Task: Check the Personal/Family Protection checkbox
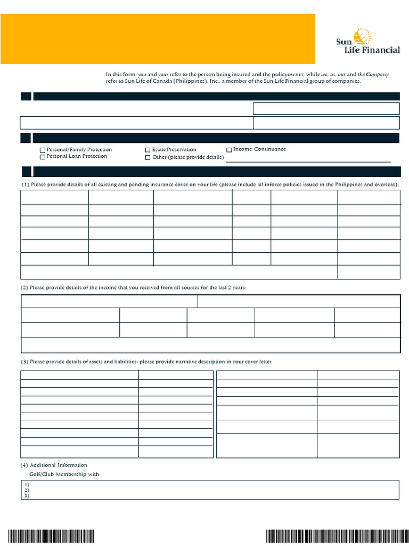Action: pyautogui.click(x=43, y=150)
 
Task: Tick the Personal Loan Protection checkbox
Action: pyautogui.click(x=43, y=157)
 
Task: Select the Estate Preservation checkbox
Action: pyautogui.click(x=148, y=150)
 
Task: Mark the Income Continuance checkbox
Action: pyautogui.click(x=229, y=150)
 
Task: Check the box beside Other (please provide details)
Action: pyautogui.click(x=148, y=158)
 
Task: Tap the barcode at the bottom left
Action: pyautogui.click(x=51, y=535)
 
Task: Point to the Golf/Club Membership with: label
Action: pyautogui.click(x=64, y=475)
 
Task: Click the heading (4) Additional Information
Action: pyautogui.click(x=54, y=465)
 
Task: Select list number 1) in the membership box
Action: pyautogui.click(x=27, y=484)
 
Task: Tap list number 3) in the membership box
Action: pyautogui.click(x=27, y=496)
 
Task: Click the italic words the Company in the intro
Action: pyautogui.click(x=373, y=75)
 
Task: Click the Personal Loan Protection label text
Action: pyautogui.click(x=77, y=157)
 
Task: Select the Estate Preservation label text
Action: pyautogui.click(x=174, y=150)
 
